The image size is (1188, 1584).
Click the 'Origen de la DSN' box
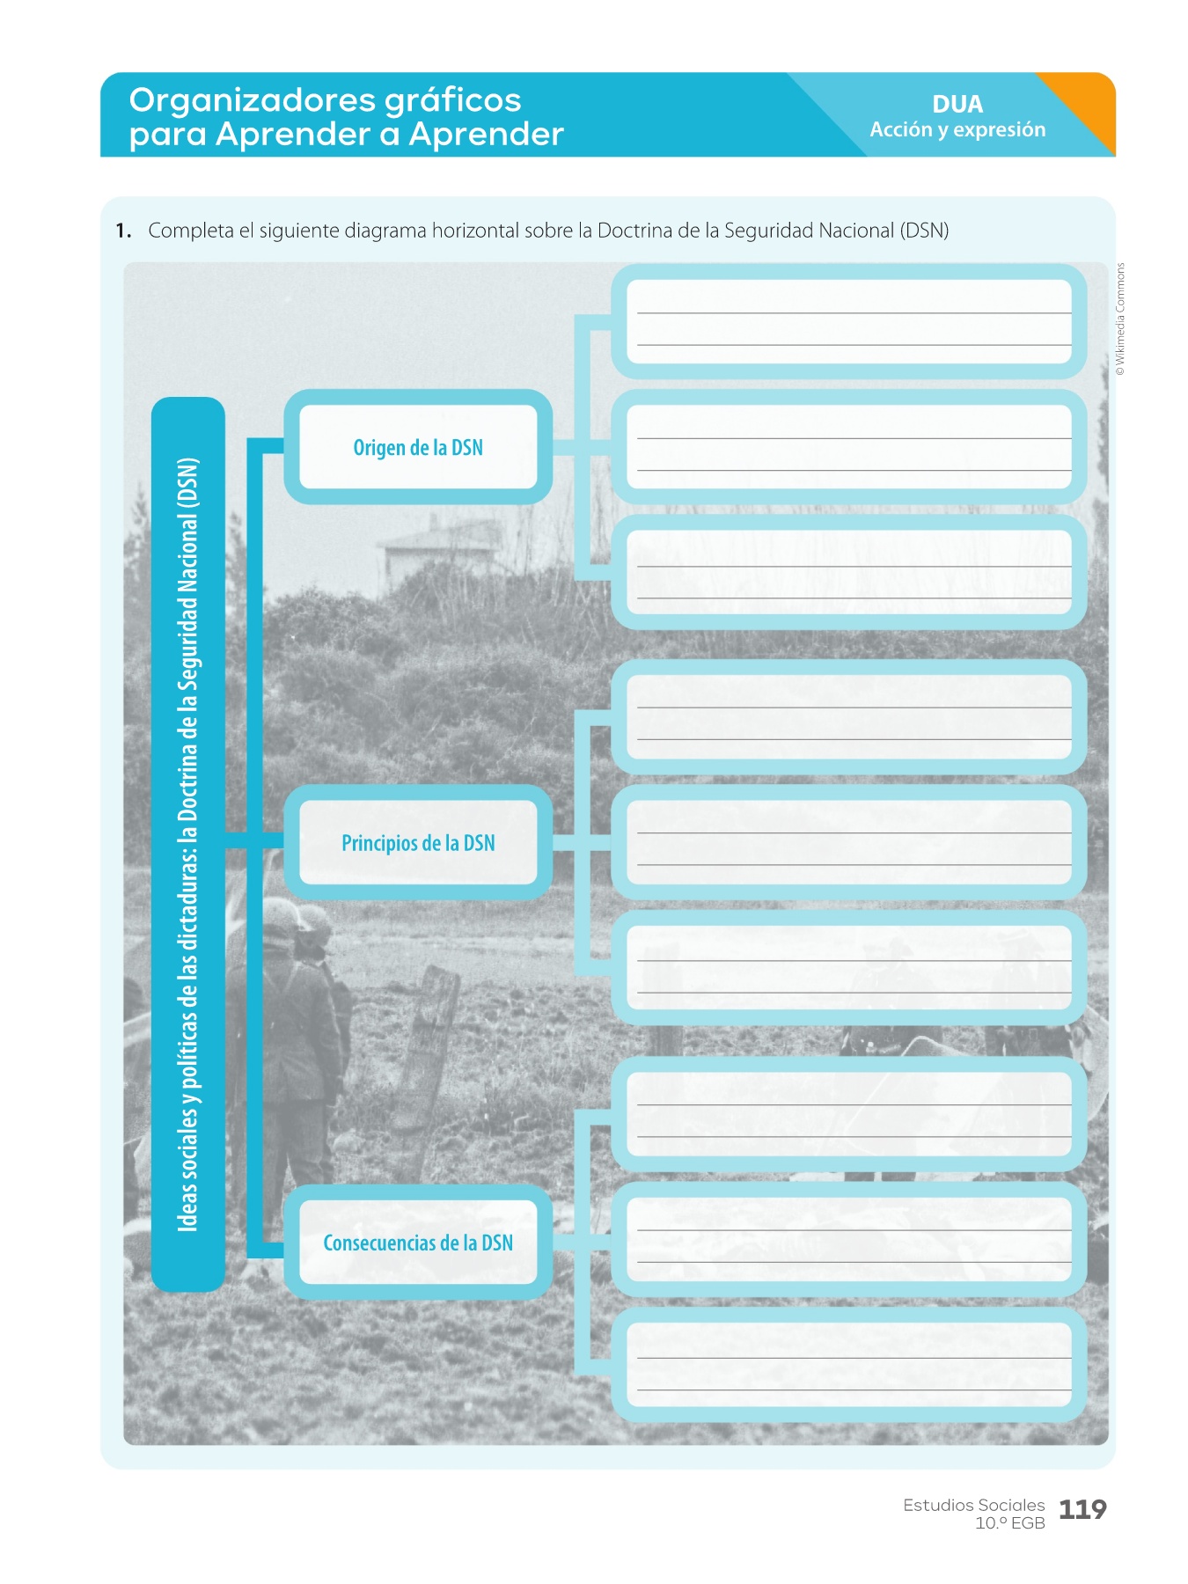(418, 447)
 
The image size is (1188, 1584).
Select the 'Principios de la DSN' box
(418, 842)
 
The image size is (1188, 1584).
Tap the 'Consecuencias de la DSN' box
(418, 1242)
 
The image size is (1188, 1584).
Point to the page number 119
(1082, 1510)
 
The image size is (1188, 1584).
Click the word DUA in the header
(957, 104)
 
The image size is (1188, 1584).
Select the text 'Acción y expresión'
(957, 129)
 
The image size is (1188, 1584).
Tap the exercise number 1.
(123, 231)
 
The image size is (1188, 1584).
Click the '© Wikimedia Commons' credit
(1120, 319)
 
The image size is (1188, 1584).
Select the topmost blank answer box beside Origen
(849, 321)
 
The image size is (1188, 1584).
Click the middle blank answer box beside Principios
(849, 841)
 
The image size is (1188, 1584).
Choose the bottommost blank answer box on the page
(849, 1364)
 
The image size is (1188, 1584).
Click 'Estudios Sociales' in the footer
(973, 1505)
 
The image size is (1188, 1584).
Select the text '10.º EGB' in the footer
(1009, 1523)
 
